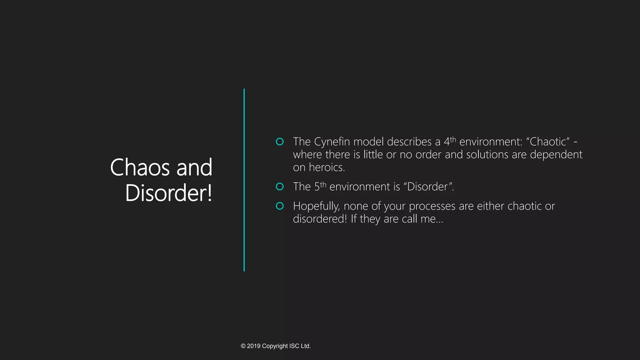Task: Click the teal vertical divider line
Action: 244,180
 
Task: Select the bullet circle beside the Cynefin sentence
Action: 280,142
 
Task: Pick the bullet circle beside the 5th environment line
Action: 280,187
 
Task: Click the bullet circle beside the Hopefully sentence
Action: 280,206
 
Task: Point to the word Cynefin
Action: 332,142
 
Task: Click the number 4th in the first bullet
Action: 450,141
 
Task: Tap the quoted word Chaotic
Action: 548,142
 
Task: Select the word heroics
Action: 327,167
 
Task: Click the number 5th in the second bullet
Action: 320,186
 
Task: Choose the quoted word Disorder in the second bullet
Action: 427,187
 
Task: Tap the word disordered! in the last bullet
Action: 320,219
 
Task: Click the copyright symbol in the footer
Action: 243,346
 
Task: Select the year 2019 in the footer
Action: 254,346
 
